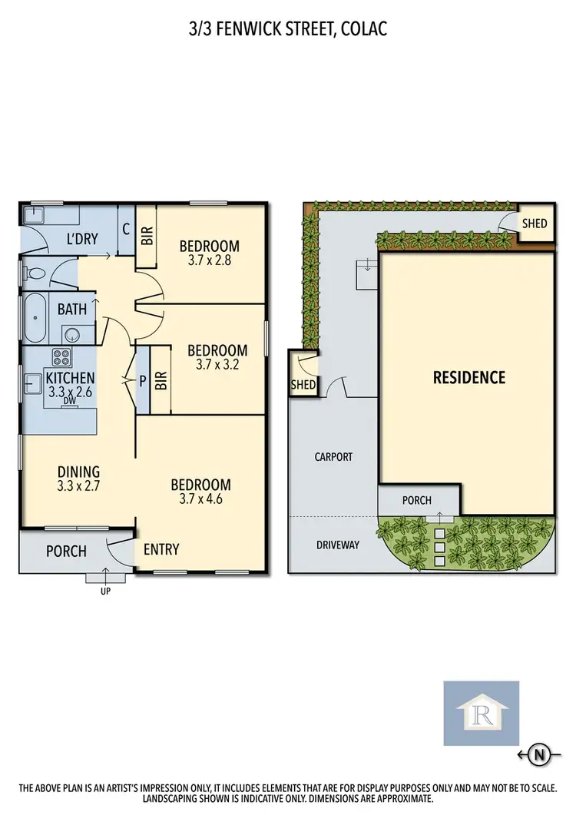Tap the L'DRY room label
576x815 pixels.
pyautogui.click(x=81, y=239)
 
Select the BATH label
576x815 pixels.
pyautogui.click(x=72, y=310)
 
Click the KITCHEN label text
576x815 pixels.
pyautogui.click(x=70, y=378)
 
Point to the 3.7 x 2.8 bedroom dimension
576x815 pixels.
pyautogui.click(x=209, y=260)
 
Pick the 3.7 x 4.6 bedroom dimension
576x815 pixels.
pyautogui.click(x=200, y=499)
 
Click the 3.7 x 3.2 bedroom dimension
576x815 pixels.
pyautogui.click(x=217, y=365)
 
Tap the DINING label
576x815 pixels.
pyautogui.click(x=79, y=472)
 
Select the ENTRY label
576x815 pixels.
pyautogui.click(x=161, y=549)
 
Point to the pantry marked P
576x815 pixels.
pyautogui.click(x=143, y=379)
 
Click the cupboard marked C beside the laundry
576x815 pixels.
pyautogui.click(x=126, y=229)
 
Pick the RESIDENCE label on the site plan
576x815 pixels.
pyautogui.click(x=468, y=377)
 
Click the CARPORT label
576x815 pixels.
pyautogui.click(x=333, y=456)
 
